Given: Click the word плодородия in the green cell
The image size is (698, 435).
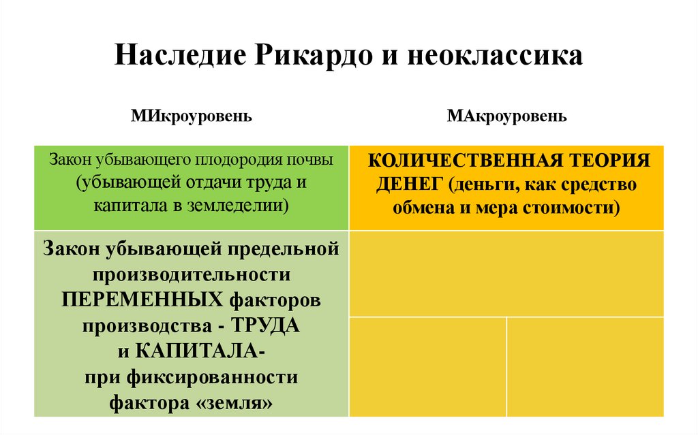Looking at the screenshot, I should (233, 161).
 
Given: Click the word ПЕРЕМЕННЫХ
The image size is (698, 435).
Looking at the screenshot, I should (142, 300).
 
